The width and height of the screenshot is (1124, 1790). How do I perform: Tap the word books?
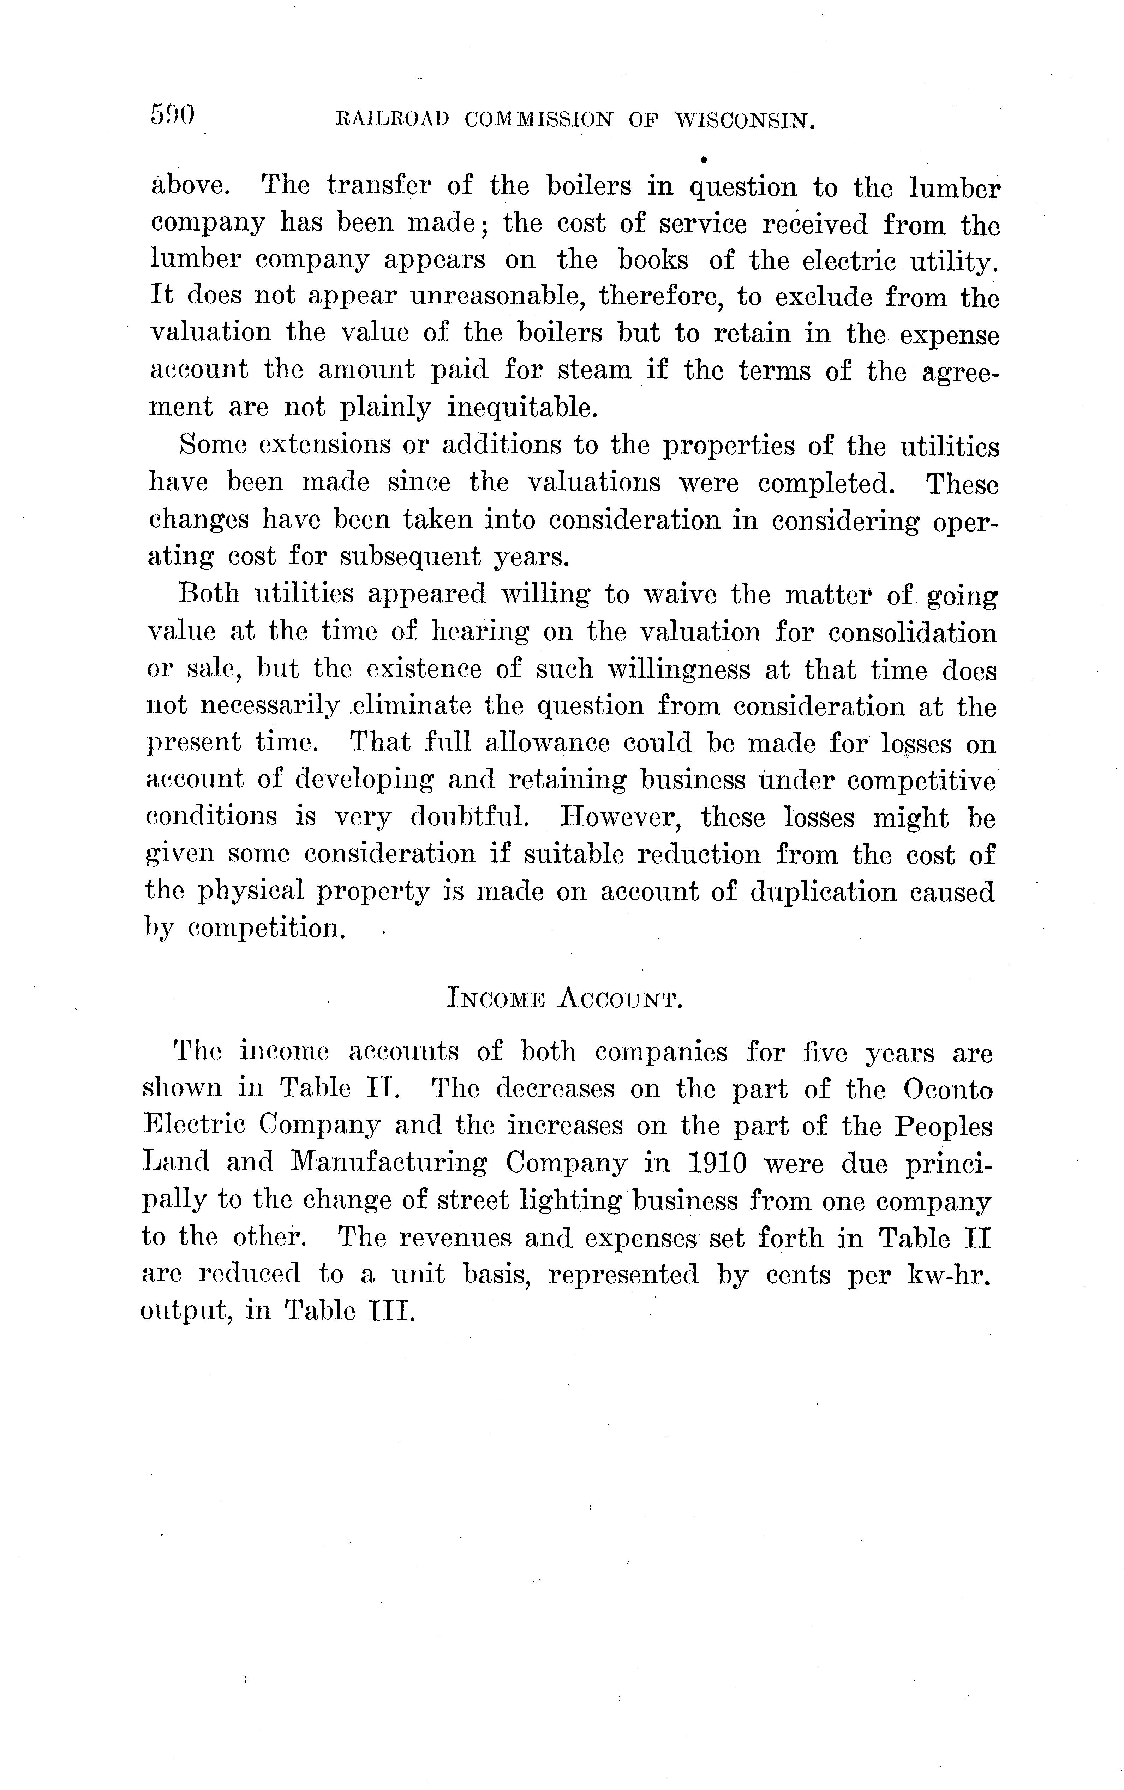coord(653,260)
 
